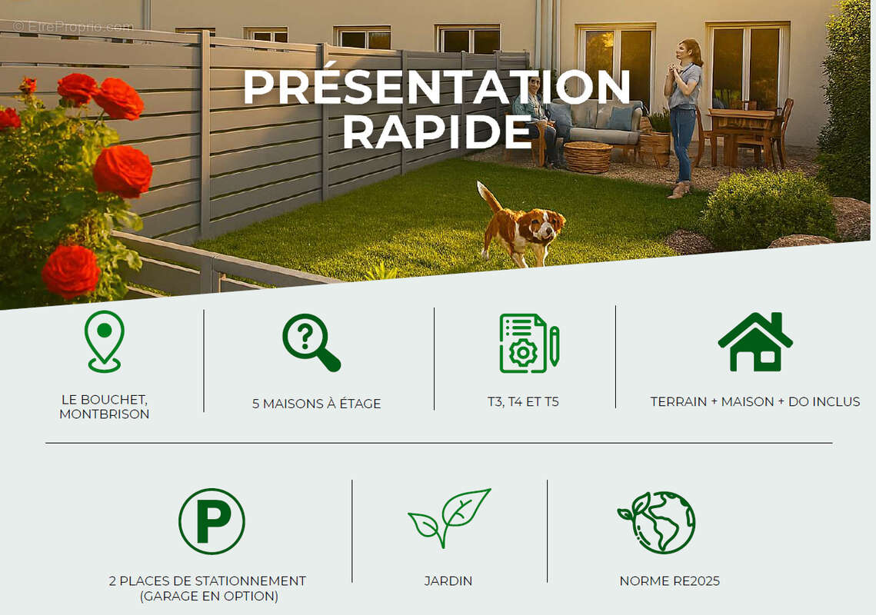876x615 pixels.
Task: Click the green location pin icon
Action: pyautogui.click(x=105, y=341)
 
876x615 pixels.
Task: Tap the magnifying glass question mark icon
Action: pyautogui.click(x=311, y=342)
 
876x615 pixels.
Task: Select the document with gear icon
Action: pyautogui.click(x=528, y=344)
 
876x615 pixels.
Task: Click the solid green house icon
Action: pyautogui.click(x=755, y=342)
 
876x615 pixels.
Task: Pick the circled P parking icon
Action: pyautogui.click(x=212, y=521)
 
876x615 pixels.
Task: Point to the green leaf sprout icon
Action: pyautogui.click(x=449, y=518)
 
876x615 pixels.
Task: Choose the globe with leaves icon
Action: pyautogui.click(x=658, y=522)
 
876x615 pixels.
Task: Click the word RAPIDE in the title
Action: pyautogui.click(x=437, y=131)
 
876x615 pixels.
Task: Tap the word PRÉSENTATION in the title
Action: pyautogui.click(x=437, y=87)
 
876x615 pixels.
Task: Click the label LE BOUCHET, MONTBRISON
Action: pyautogui.click(x=105, y=407)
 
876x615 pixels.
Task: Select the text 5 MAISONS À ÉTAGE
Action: pyautogui.click(x=316, y=404)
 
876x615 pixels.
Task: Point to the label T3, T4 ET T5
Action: pyautogui.click(x=523, y=401)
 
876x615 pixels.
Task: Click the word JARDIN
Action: pyautogui.click(x=448, y=581)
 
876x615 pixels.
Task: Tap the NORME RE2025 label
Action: pyautogui.click(x=669, y=581)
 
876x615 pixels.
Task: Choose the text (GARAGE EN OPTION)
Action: pyautogui.click(x=209, y=596)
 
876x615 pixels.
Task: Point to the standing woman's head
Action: pyautogui.click(x=691, y=52)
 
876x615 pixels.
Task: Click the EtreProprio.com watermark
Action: pyautogui.click(x=73, y=26)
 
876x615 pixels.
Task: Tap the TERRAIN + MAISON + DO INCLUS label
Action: pyautogui.click(x=755, y=401)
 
